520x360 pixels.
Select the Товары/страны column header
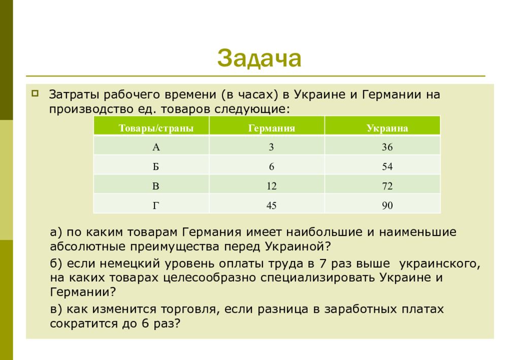pyautogui.click(x=156, y=128)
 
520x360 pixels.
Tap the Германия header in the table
pyautogui.click(x=271, y=128)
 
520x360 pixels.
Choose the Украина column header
pyautogui.click(x=387, y=128)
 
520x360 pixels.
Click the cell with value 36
pyautogui.click(x=387, y=147)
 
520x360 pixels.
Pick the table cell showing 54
pyautogui.click(x=387, y=167)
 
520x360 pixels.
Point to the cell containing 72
pyautogui.click(x=387, y=186)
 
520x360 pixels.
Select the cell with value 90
pyautogui.click(x=387, y=206)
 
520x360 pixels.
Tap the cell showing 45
pyautogui.click(x=271, y=206)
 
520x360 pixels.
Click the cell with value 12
pyautogui.click(x=271, y=186)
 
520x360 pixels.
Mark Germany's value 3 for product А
pyautogui.click(x=271, y=147)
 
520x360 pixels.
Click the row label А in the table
pyautogui.click(x=156, y=147)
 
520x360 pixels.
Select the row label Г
pyautogui.click(x=156, y=206)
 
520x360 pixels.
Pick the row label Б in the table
pyautogui.click(x=156, y=167)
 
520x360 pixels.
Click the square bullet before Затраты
pyautogui.click(x=35, y=93)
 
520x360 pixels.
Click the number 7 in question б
pyautogui.click(x=323, y=264)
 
